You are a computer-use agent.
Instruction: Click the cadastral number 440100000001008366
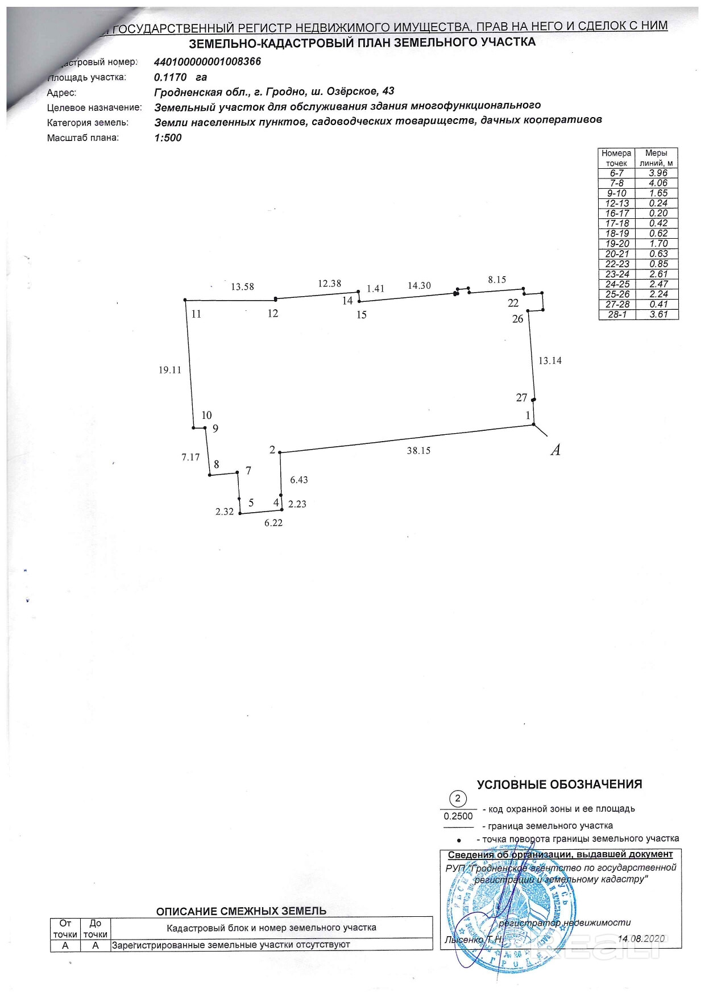tap(208, 62)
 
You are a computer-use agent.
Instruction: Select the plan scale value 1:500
tap(168, 138)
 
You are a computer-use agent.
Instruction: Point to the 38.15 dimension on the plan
tap(418, 451)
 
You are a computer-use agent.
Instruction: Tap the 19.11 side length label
tap(169, 370)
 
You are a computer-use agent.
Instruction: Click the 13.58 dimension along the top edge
tap(242, 287)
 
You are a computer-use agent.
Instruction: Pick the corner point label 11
tap(196, 314)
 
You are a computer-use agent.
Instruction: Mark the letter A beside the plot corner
tap(555, 450)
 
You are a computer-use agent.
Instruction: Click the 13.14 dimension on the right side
tap(550, 361)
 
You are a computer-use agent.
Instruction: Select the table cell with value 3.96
tap(658, 173)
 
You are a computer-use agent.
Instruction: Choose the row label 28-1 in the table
tap(617, 314)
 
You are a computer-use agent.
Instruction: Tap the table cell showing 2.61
tap(658, 274)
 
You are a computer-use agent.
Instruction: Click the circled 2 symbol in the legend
tap(458, 799)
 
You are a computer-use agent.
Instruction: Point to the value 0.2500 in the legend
tap(458, 816)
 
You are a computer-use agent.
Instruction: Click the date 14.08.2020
tap(641, 938)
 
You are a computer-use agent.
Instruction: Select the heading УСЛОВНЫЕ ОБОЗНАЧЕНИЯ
tap(559, 784)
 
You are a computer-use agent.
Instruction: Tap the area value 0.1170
tap(170, 77)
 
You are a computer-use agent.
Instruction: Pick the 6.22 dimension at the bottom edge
tap(273, 523)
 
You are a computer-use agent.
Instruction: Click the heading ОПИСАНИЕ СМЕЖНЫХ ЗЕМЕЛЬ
tap(241, 911)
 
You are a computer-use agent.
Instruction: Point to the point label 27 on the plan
tap(521, 398)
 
